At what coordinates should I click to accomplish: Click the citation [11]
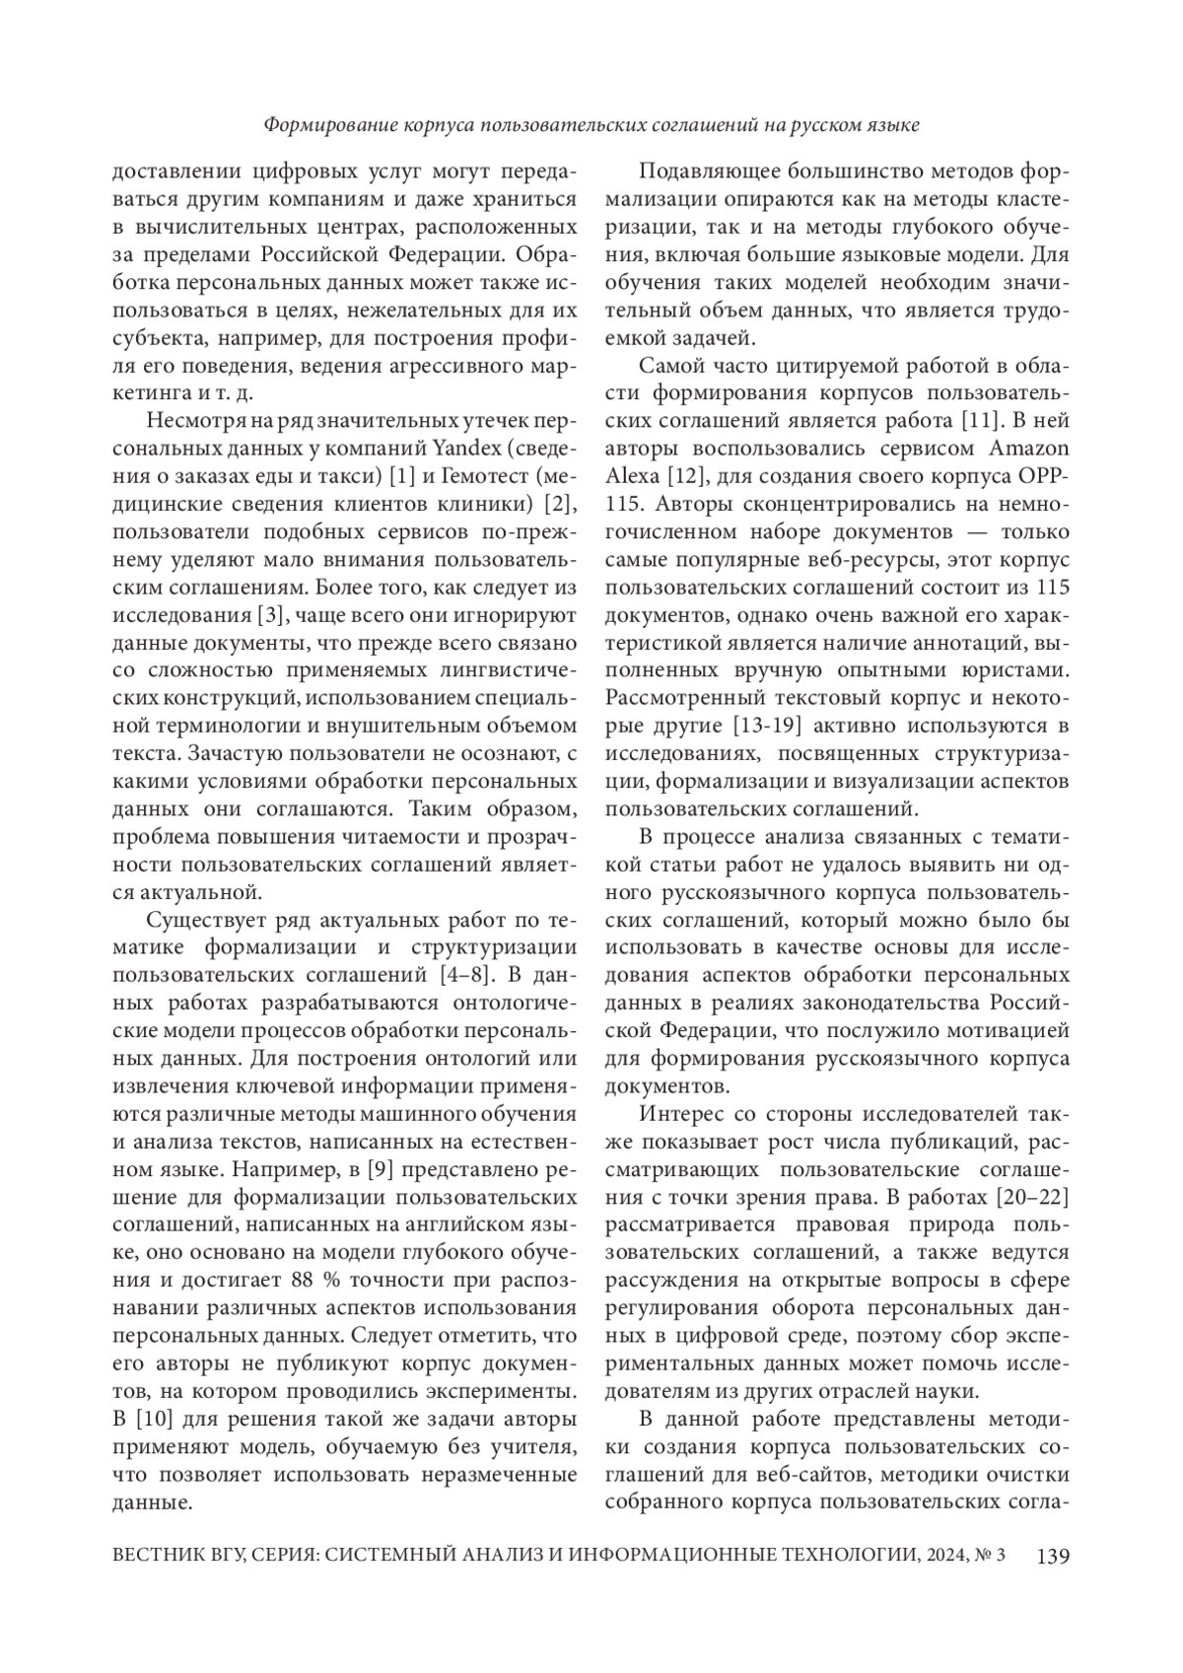pos(980,422)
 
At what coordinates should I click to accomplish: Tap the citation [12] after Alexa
pos(683,478)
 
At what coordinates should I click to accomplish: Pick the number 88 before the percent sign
pos(304,1282)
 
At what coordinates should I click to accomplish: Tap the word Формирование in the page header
pos(329,125)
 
